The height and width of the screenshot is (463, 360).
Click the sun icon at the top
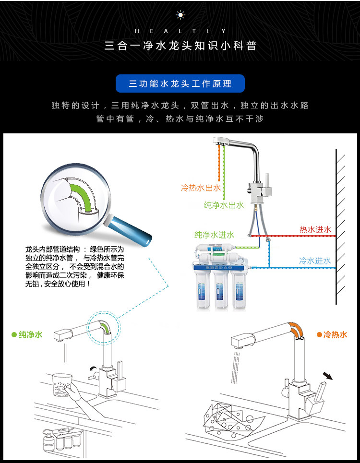tap(180, 15)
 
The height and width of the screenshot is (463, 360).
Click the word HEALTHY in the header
tap(180, 31)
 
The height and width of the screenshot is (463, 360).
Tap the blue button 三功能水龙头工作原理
tap(180, 83)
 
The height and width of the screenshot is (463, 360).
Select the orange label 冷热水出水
tap(201, 188)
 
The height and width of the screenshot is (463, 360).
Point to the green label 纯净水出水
tap(224, 205)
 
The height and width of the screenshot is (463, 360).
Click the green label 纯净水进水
tap(214, 235)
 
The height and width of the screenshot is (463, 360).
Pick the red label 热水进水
tap(315, 230)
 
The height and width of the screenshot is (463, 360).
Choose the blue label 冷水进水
tap(315, 261)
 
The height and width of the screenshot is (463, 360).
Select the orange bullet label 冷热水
tap(332, 334)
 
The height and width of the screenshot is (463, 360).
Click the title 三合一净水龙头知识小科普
tap(180, 46)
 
